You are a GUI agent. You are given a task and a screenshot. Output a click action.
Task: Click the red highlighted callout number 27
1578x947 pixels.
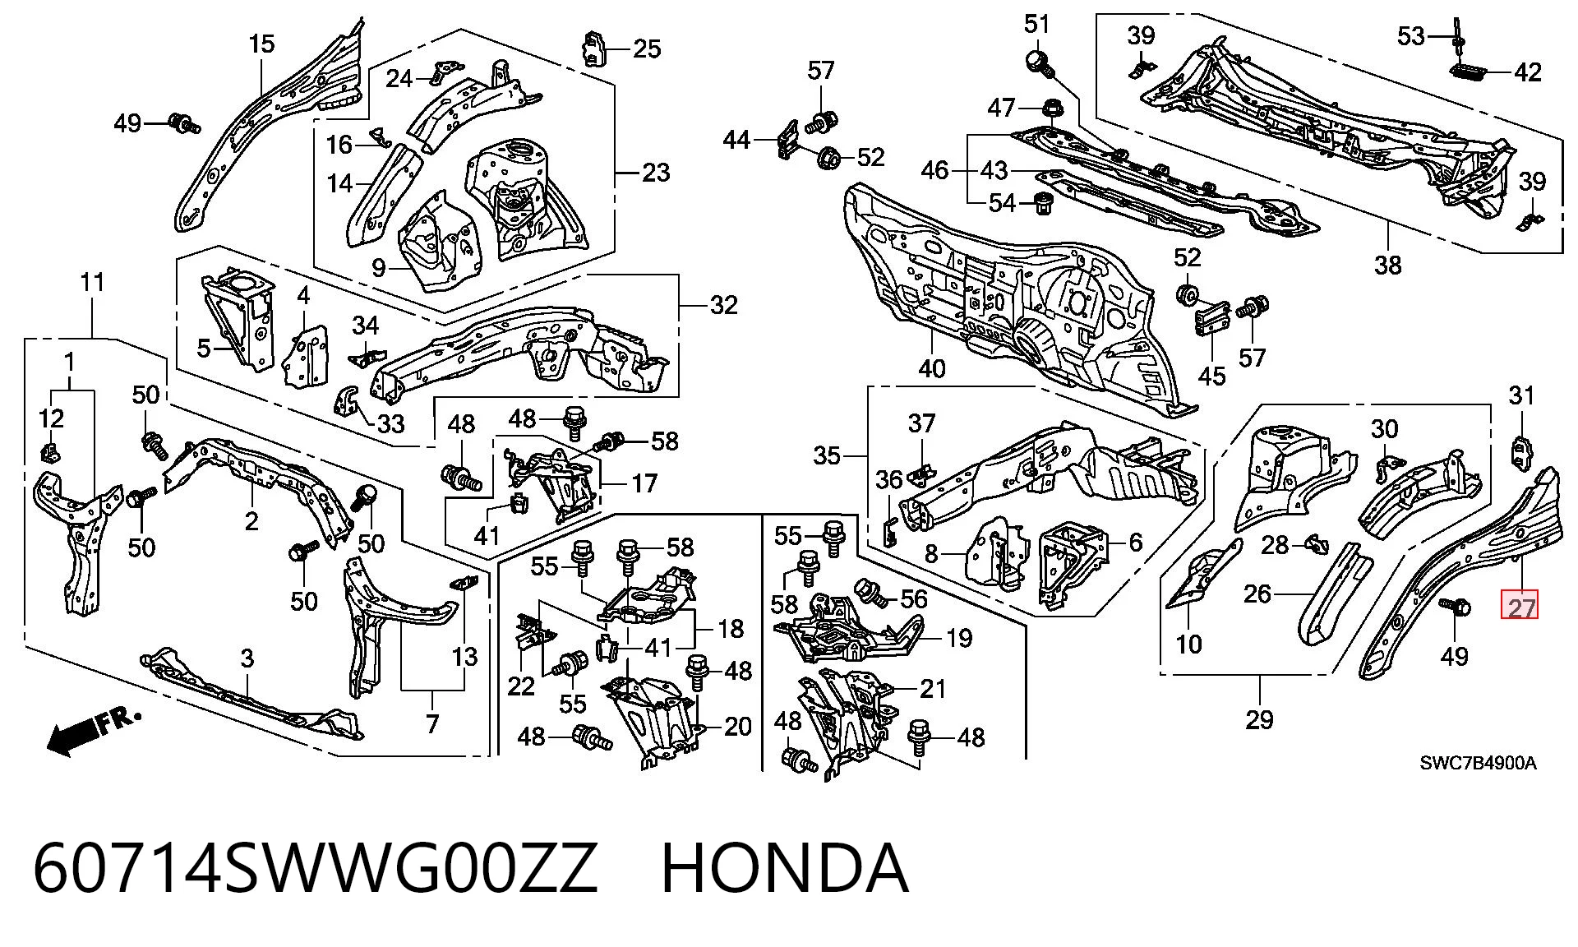coord(1520,608)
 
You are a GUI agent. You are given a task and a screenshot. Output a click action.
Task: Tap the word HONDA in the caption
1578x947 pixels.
coord(785,868)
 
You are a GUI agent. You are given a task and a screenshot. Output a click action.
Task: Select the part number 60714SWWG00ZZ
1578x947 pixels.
coord(315,868)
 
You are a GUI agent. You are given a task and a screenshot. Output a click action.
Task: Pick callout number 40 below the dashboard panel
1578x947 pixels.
coord(932,368)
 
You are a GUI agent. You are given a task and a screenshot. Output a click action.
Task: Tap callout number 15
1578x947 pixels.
coord(261,44)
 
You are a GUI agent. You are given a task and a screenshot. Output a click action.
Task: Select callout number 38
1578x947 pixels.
coord(1387,265)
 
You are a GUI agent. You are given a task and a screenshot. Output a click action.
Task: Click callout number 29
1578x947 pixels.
coord(1259,720)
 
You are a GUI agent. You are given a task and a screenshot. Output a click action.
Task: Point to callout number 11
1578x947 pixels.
coord(92,282)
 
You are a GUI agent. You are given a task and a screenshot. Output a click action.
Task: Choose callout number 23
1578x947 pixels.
coord(656,173)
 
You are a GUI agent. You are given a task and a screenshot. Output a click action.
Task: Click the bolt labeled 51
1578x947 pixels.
coord(1039,62)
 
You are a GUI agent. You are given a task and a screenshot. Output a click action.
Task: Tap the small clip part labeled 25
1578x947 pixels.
coord(595,49)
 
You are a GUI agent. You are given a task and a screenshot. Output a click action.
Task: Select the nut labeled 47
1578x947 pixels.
coord(1052,108)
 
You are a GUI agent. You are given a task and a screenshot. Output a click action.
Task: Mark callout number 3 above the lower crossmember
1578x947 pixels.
coord(247,658)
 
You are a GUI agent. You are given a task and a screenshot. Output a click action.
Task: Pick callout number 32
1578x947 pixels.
coord(723,305)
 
